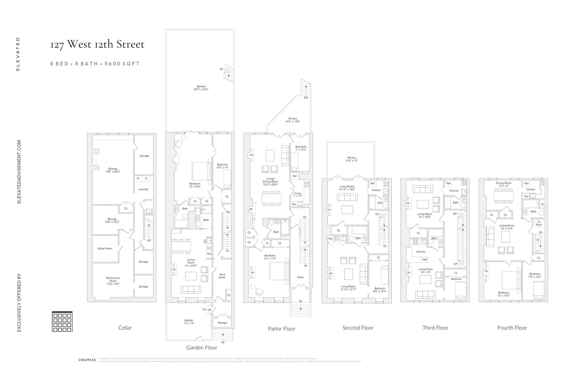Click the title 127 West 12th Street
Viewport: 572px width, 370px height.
pos(97,45)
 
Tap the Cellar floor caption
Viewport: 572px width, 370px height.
pos(125,328)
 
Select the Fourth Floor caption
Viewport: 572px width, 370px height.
pos(512,328)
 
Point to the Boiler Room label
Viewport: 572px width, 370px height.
pos(105,248)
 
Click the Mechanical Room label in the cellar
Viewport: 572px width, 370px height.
pos(113,281)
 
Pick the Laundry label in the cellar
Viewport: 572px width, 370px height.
pos(143,189)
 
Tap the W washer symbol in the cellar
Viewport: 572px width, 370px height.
pos(138,178)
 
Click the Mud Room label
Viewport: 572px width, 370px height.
pos(222,276)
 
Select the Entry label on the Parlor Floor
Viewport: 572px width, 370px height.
pos(300,277)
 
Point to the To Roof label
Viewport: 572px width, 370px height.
pos(539,223)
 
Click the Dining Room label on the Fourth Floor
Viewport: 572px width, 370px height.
pos(503,184)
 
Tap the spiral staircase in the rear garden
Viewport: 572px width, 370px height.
pos(228,72)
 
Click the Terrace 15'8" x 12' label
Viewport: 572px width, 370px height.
pos(351,159)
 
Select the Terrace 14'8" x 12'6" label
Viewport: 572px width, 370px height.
pos(292,120)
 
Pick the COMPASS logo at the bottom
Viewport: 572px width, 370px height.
pos(87,360)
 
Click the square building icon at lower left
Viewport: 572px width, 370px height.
pos(62,322)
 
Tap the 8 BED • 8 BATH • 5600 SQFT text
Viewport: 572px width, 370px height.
pos(95,64)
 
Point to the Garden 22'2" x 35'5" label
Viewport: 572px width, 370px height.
pos(201,88)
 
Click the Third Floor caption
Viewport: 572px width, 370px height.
pos(435,328)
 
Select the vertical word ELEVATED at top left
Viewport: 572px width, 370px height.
pos(18,54)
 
